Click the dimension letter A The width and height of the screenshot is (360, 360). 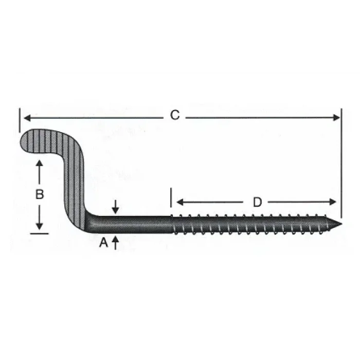(103, 242)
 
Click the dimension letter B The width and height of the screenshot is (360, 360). (39, 195)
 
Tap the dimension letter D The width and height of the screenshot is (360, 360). (257, 202)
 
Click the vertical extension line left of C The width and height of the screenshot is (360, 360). (19, 118)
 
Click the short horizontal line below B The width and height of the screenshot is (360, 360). (39, 233)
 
